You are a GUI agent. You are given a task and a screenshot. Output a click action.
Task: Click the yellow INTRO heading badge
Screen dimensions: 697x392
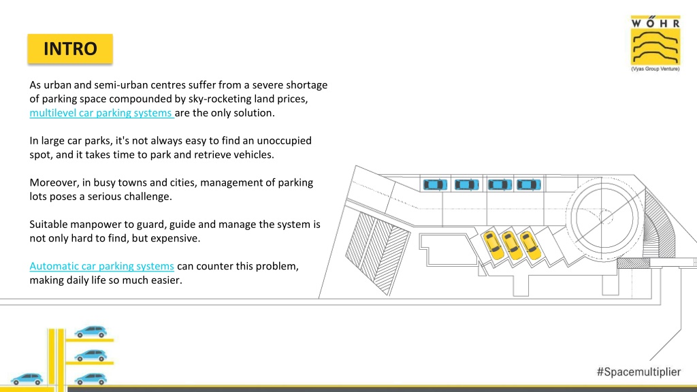coord(70,48)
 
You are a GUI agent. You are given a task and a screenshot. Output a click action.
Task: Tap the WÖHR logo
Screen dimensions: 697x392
coord(655,43)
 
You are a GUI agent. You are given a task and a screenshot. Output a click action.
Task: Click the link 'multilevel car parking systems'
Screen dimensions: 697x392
coord(101,113)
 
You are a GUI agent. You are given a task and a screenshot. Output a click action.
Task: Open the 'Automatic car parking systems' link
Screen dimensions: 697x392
coord(102,266)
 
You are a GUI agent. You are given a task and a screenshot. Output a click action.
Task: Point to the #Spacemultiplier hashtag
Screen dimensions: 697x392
coord(638,372)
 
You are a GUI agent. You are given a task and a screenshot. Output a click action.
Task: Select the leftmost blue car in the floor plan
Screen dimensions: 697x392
coord(435,184)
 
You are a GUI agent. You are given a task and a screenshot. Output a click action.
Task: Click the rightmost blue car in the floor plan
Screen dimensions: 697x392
coord(528,184)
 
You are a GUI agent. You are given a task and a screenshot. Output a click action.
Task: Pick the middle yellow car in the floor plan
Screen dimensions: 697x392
coord(512,245)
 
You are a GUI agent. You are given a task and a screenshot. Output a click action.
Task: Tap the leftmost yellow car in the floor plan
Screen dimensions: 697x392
coord(493,244)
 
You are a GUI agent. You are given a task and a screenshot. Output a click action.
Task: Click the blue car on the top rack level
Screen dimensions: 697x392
coord(91,331)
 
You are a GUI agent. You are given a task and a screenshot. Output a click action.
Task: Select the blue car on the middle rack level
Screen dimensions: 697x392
coord(91,355)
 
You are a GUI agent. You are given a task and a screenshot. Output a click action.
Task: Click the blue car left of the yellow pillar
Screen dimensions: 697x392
coord(27,378)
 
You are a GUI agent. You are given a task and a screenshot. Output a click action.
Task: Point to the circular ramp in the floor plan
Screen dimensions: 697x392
coord(604,218)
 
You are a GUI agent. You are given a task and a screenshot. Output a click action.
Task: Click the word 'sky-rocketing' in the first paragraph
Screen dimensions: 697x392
coord(220,99)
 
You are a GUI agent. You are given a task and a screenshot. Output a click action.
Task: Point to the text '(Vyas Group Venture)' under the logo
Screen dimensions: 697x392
coord(655,69)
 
